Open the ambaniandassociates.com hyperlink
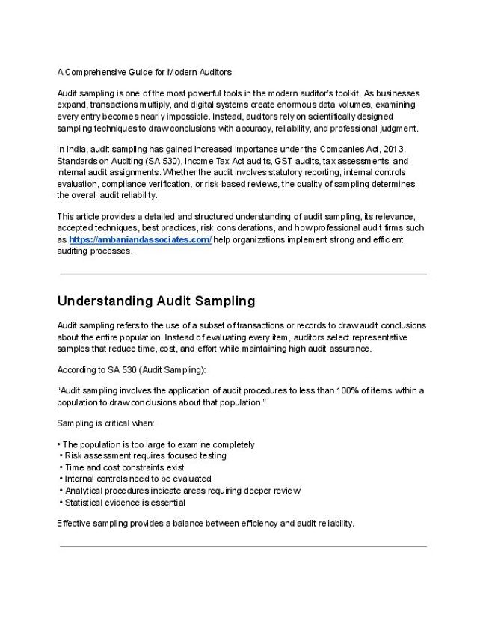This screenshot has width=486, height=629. click(140, 240)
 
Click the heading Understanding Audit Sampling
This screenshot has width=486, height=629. click(156, 301)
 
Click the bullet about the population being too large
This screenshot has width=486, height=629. click(159, 444)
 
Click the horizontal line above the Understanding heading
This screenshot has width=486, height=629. click(243, 274)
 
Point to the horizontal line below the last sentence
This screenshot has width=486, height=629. click(243, 547)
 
